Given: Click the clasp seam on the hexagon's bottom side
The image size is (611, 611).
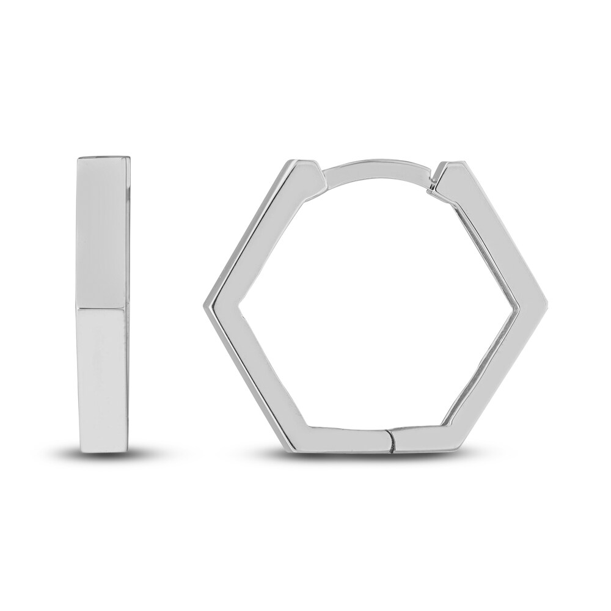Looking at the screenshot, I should (x=390, y=439).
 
